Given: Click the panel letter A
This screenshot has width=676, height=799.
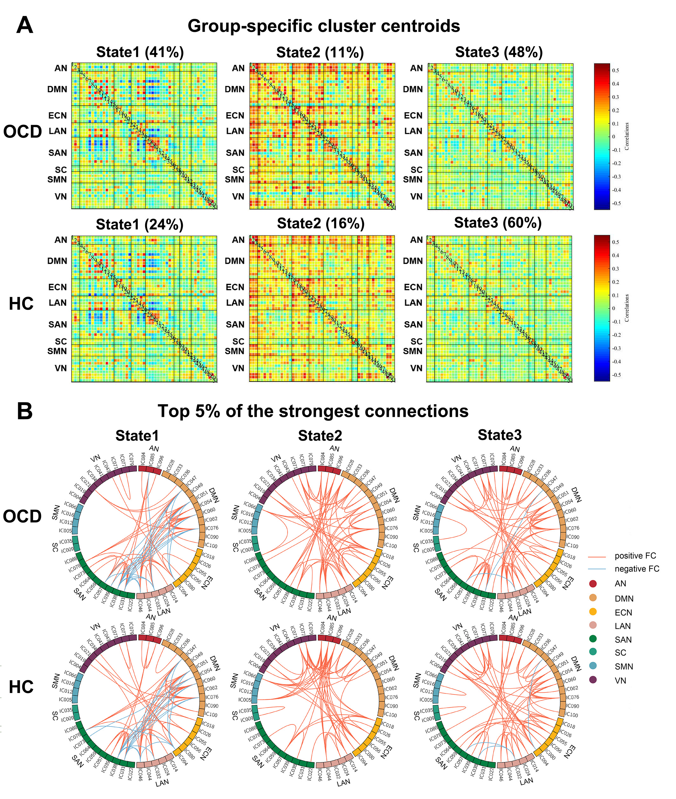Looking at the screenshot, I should [25, 26].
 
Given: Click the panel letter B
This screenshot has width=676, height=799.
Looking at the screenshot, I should [25, 412].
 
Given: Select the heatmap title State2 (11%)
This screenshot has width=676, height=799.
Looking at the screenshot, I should [320, 53].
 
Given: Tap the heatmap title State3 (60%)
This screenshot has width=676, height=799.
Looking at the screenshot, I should [498, 223].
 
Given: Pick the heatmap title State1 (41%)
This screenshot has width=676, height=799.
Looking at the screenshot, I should [140, 52].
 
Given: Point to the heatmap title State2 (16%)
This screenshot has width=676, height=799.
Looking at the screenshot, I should [321, 223].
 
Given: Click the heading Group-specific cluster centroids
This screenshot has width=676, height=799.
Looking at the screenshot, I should [324, 26].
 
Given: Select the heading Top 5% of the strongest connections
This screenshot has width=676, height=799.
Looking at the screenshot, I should [313, 411].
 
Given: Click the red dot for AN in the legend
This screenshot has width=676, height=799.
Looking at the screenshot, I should [593, 584].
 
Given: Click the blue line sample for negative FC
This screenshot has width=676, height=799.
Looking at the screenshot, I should [597, 569].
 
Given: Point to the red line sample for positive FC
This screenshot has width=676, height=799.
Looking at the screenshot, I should [597, 556].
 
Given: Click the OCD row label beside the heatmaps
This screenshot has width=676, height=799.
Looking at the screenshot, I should [23, 132].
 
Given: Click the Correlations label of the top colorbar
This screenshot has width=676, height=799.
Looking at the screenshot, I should [627, 136].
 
